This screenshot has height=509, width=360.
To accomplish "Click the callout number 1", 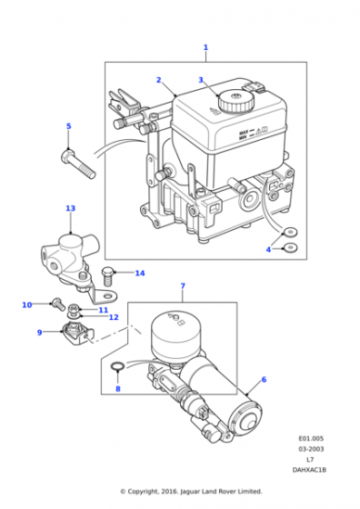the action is (x=205, y=47).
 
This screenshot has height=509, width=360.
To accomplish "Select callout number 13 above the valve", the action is (x=70, y=208).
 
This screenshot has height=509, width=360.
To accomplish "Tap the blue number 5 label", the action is (x=68, y=126).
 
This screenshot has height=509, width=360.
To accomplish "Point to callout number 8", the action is (x=118, y=389).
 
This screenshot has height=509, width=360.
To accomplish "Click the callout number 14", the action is (x=140, y=274).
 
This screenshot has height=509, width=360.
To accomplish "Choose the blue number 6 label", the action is (x=264, y=379).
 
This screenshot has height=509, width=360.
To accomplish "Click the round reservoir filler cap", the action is (x=236, y=101).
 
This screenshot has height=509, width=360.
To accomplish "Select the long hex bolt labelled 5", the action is (x=78, y=164).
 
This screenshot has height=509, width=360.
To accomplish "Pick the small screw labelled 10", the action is (x=58, y=304).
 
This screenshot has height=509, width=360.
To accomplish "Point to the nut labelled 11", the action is (x=75, y=307).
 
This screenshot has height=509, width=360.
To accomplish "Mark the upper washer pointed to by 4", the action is (x=290, y=232).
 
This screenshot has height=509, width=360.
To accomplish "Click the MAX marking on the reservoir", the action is (x=244, y=133).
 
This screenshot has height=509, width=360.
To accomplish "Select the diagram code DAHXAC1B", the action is (x=309, y=470).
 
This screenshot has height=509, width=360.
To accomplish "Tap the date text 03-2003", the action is (x=311, y=449).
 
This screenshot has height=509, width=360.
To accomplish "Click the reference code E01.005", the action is (x=311, y=438).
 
